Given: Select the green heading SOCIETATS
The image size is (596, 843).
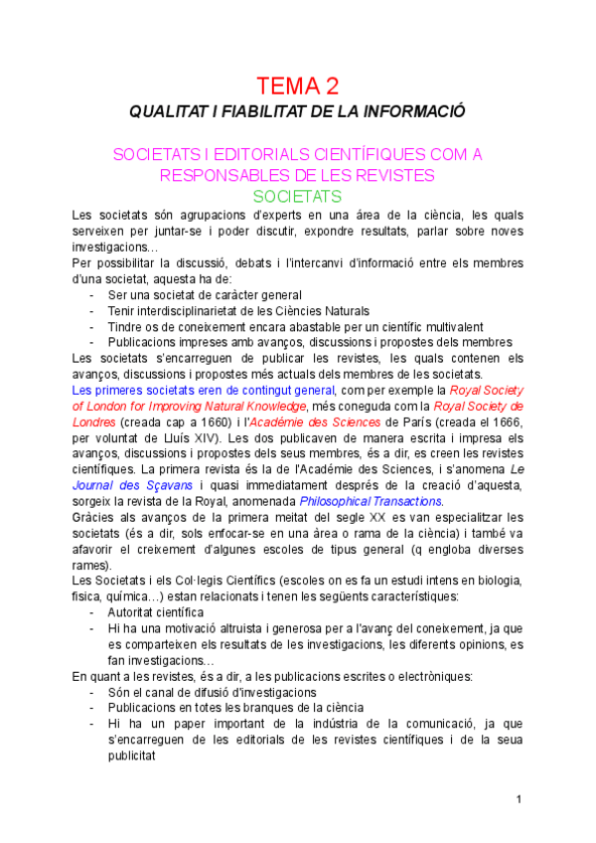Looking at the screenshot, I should [297, 196].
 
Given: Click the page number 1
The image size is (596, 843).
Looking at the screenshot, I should [519, 800].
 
